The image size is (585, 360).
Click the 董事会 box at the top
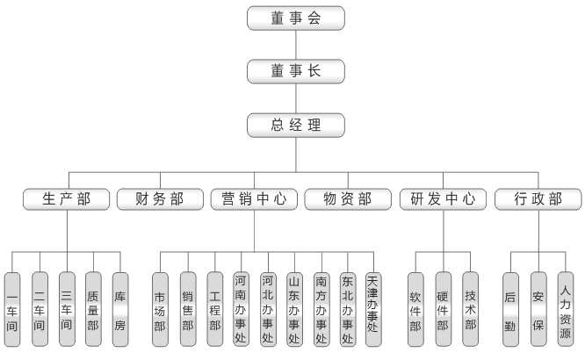[x=296, y=18]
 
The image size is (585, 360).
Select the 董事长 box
[x=296, y=70]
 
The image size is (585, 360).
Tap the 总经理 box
[x=296, y=124]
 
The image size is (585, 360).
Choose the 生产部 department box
[x=68, y=198]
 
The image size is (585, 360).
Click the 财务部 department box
[x=162, y=198]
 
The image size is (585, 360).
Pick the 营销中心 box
[x=255, y=198]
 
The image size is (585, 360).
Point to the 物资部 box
[x=348, y=198]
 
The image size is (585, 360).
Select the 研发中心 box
[x=442, y=198]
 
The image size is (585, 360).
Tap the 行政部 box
[x=538, y=198]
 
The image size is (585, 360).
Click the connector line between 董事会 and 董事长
[x=296, y=44]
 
